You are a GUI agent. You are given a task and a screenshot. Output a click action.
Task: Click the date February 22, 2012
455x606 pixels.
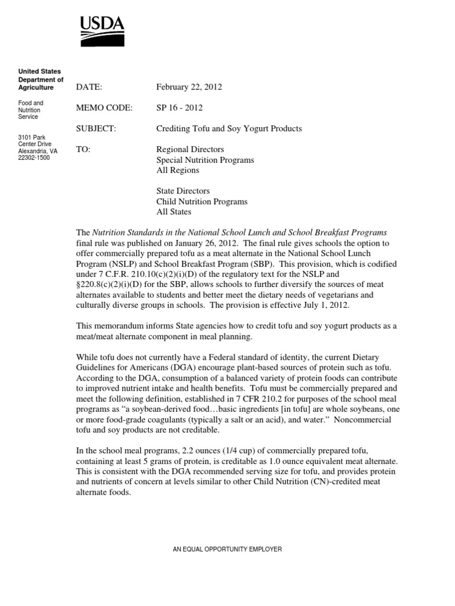188,87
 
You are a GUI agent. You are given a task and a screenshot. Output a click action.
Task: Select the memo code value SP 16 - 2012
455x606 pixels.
180,108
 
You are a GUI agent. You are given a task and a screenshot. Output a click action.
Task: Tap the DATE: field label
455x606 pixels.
89,87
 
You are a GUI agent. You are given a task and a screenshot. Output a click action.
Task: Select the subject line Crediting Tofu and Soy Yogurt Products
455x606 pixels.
229,128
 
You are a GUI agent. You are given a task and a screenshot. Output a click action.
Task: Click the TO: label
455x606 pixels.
83,149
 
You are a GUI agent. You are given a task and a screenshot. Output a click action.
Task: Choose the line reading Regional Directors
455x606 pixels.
190,149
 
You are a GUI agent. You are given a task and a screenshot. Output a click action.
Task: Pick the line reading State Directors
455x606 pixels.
183,191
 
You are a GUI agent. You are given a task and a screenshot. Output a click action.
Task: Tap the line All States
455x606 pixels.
174,212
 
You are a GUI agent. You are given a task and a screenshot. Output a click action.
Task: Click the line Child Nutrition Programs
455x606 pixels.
202,202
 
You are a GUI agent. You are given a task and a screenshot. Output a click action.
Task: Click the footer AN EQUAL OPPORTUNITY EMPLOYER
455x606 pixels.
227,549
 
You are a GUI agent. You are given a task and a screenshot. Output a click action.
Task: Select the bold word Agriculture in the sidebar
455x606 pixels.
36,88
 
